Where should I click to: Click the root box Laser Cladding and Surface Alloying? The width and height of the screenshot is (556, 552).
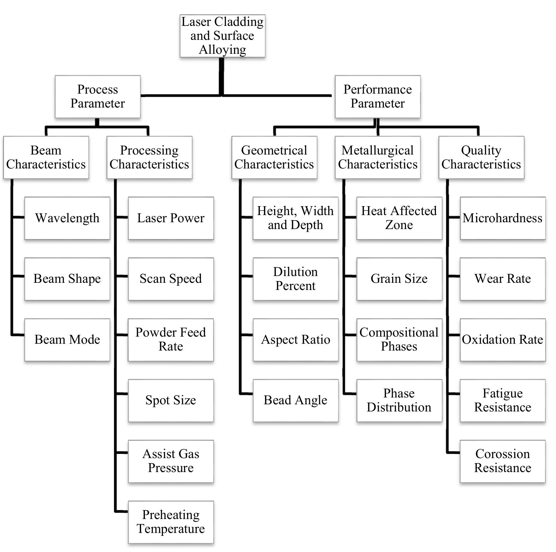(x=222, y=36)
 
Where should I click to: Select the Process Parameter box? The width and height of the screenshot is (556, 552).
(x=98, y=97)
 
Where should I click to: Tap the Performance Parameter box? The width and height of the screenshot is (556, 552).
(x=377, y=97)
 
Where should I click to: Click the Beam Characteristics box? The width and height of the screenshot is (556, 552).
(x=46, y=158)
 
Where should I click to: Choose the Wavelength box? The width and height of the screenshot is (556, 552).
(x=67, y=218)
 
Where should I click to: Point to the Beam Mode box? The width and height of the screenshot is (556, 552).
(x=67, y=340)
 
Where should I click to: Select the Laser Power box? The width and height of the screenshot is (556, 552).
(x=171, y=218)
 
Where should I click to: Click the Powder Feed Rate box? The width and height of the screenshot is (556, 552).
(x=171, y=340)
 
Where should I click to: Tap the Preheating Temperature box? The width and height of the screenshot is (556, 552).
(x=171, y=522)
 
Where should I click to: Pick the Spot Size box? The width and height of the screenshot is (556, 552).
(x=171, y=401)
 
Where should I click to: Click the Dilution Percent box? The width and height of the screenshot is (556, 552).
(x=296, y=279)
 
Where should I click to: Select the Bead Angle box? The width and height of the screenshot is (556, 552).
(x=296, y=401)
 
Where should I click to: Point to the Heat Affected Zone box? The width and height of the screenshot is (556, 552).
(x=399, y=218)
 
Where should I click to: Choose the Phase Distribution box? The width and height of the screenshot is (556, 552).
(x=399, y=401)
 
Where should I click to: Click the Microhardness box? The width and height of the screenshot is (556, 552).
(x=503, y=218)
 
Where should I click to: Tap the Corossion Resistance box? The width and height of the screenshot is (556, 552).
(x=503, y=461)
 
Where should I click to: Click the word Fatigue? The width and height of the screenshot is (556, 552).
(x=503, y=393)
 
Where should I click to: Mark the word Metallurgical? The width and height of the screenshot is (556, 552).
(x=377, y=150)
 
